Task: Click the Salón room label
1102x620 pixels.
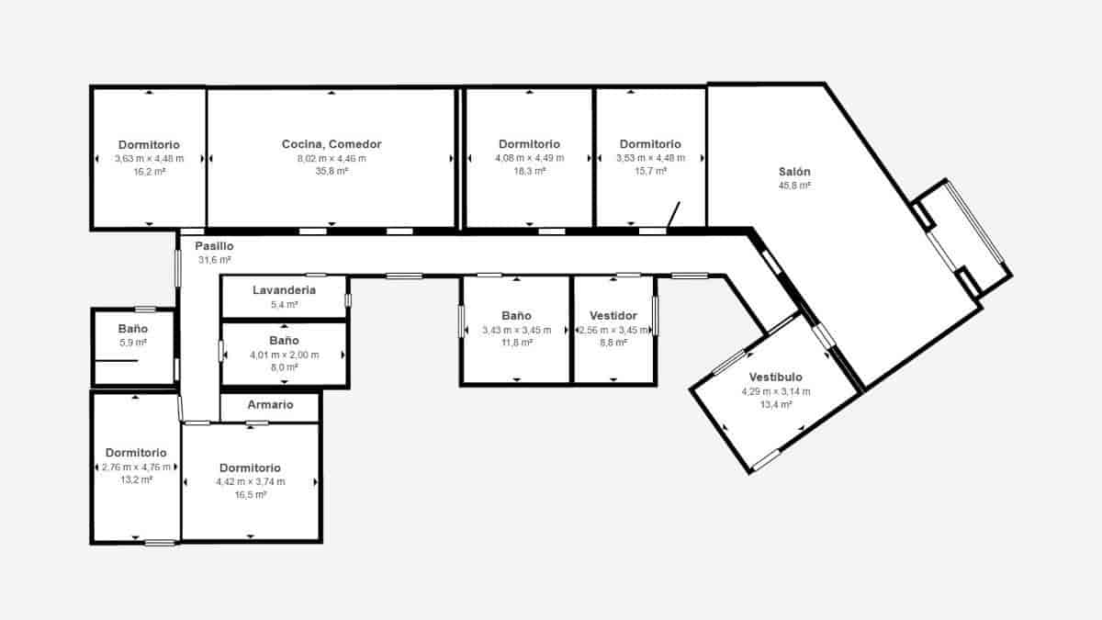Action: [x=794, y=172]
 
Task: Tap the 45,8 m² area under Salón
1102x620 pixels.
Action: [x=794, y=186]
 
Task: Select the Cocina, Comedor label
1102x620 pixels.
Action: [x=331, y=144]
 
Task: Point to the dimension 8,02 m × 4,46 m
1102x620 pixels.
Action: [x=331, y=158]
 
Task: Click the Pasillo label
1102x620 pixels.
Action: [x=214, y=246]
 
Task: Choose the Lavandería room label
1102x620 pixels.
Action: [x=284, y=290]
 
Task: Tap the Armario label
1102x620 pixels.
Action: [x=270, y=405]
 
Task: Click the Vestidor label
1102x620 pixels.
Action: [x=613, y=316]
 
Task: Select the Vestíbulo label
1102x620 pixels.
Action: [x=775, y=378]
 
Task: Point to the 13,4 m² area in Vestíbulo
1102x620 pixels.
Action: [x=775, y=404]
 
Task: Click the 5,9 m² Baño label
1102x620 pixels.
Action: [x=133, y=329]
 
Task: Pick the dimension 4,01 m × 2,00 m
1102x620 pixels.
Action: [x=284, y=355]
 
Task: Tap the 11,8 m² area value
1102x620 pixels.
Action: [x=515, y=343]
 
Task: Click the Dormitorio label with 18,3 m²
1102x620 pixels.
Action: [x=529, y=144]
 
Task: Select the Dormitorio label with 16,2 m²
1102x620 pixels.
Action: [x=149, y=145]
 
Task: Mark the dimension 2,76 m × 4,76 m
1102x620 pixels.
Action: [x=136, y=467]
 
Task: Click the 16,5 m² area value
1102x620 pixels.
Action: [x=250, y=494]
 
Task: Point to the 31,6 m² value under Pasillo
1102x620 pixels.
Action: [x=214, y=260]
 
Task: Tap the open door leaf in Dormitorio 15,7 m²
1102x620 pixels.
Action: [x=673, y=215]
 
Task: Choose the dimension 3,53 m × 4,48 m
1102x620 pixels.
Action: [x=650, y=158]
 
